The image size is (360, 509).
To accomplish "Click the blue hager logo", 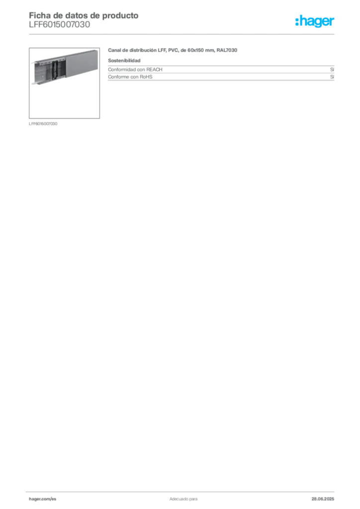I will pyautogui.click(x=315, y=22).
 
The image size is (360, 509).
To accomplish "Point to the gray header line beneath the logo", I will pyautogui.click(x=214, y=34).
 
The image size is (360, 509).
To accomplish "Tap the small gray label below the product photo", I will pyautogui.click(x=44, y=123).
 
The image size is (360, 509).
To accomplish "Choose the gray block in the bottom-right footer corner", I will pyautogui.click(x=324, y=496).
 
